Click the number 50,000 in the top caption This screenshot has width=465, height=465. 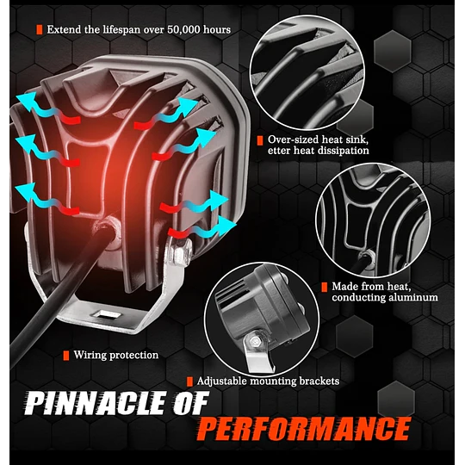click(x=183, y=30)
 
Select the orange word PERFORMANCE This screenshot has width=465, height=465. click(x=305, y=429)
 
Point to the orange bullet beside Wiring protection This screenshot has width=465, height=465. click(x=66, y=356)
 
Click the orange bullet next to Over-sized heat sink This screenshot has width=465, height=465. click(x=260, y=140)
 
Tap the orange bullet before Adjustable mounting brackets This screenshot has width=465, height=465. click(x=189, y=381)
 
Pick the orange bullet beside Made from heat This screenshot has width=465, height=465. click(x=325, y=287)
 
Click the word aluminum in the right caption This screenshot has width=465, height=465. click(x=413, y=297)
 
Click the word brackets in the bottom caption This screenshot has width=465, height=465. click(x=319, y=381)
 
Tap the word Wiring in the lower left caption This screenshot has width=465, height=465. click(x=90, y=356)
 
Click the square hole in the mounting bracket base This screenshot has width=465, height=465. click(x=107, y=314)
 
